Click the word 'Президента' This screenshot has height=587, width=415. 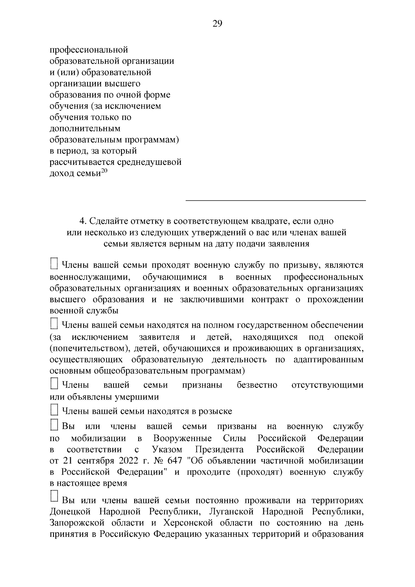(219, 449)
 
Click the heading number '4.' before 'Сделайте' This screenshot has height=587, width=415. (82, 221)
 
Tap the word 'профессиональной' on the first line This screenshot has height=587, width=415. (89, 50)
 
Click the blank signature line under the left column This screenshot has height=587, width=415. (276, 200)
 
